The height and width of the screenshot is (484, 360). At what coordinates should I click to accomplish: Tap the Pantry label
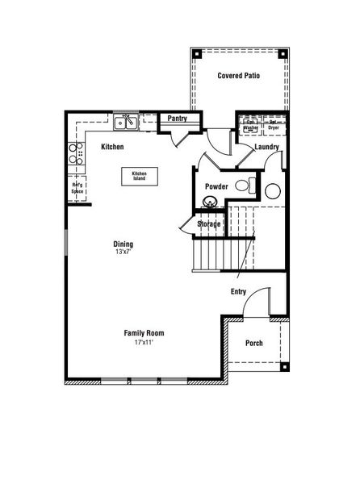coord(177,119)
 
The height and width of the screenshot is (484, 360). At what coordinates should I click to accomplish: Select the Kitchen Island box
coord(140,175)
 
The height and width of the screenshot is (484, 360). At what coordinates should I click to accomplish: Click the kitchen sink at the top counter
coord(126,123)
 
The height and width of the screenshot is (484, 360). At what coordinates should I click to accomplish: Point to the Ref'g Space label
coord(77,189)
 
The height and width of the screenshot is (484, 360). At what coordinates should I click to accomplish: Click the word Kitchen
coord(112,148)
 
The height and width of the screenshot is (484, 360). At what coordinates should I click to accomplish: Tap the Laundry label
coord(266,147)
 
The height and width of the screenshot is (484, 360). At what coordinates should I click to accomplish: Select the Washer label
coord(250,127)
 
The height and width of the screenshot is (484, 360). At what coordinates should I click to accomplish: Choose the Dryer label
coord(274,127)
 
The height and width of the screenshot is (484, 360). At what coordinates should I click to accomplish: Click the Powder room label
coord(216,186)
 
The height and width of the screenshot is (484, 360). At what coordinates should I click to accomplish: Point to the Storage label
coord(209,223)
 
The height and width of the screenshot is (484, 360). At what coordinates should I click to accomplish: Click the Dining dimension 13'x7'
coord(123,252)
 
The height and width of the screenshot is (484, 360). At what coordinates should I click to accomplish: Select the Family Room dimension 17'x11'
coord(144,342)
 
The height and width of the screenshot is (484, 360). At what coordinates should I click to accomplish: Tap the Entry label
coord(238,291)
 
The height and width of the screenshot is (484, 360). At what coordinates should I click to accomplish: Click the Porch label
coord(254,343)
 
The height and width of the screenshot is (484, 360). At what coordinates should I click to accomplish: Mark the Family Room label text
coord(144,332)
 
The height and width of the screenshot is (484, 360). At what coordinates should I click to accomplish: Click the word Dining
coord(123,244)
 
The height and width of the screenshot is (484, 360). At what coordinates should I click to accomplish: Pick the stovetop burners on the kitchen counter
coord(77,153)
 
